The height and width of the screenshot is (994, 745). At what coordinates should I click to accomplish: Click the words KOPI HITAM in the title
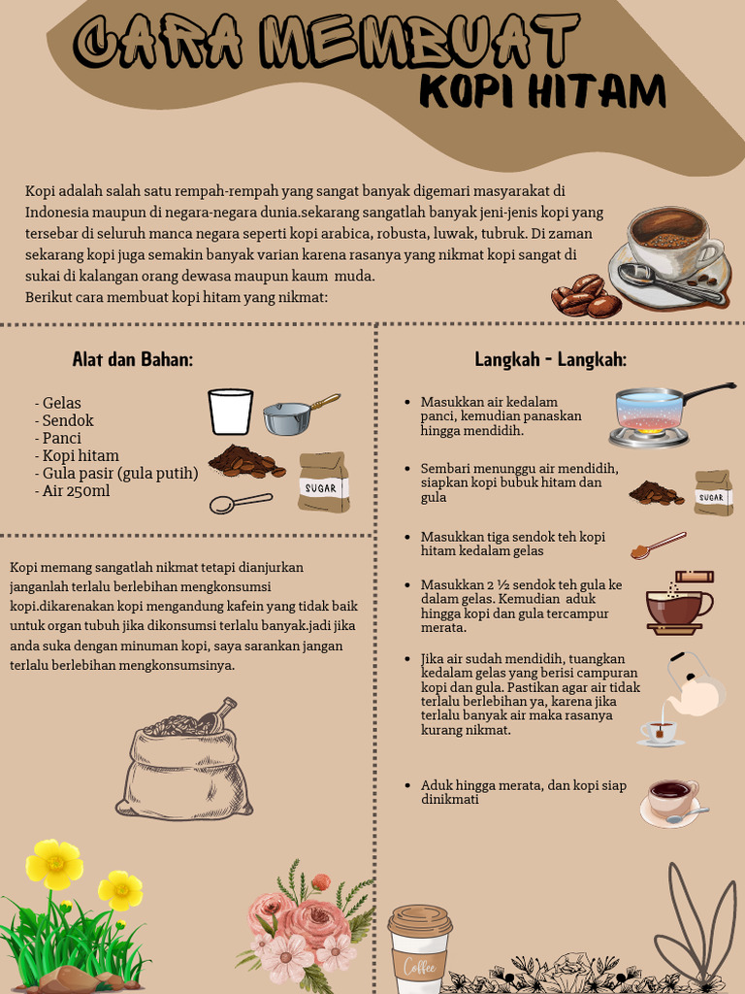543,93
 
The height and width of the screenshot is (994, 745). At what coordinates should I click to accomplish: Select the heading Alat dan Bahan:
132,359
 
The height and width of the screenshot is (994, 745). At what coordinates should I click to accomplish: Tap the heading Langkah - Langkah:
551,359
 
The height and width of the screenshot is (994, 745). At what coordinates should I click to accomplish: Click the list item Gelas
57,403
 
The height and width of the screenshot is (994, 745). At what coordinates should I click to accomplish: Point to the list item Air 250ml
72,490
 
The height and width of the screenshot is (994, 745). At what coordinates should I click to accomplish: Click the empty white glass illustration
231,412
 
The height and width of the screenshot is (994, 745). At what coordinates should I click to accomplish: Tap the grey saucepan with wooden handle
301,415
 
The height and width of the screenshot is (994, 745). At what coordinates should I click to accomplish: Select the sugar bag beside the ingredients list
324,481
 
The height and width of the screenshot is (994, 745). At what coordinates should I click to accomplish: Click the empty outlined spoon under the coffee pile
241,504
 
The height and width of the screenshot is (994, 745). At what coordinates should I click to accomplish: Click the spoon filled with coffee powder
659,546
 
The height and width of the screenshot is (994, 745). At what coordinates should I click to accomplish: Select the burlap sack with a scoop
183,761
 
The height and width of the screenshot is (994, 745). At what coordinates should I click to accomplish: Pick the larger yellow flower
54,863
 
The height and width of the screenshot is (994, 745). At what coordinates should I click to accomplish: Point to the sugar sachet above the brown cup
695,577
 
